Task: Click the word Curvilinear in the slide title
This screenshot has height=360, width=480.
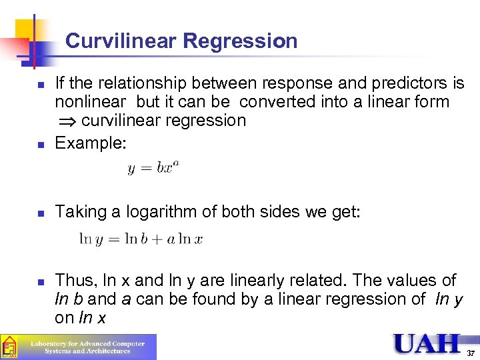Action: click(121, 41)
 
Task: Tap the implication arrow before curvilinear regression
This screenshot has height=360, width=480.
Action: click(66, 121)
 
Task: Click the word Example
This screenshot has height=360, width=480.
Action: click(90, 142)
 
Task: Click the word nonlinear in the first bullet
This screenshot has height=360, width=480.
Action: click(90, 102)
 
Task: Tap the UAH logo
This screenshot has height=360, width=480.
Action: click(427, 344)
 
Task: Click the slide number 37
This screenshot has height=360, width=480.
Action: click(470, 353)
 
